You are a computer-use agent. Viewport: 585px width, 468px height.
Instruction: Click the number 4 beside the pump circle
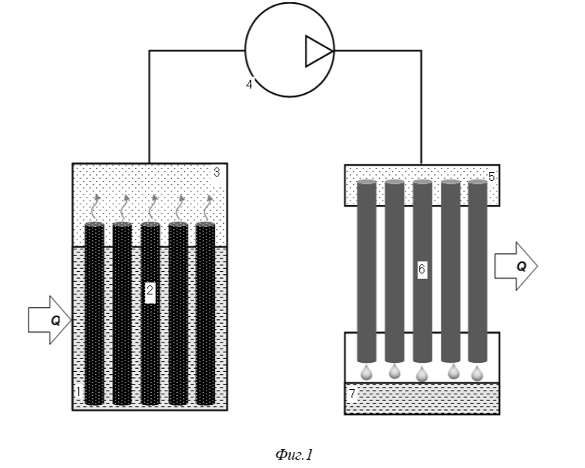[x=249, y=84]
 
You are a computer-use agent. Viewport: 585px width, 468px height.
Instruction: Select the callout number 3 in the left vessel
[x=217, y=173]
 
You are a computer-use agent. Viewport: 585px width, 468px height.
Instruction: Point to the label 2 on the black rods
[x=149, y=290]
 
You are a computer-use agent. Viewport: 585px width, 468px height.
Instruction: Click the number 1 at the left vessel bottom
[x=78, y=392]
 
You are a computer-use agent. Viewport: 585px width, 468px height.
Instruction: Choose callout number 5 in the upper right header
[x=491, y=177]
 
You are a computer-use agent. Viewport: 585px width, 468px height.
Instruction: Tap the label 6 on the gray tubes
[x=421, y=269]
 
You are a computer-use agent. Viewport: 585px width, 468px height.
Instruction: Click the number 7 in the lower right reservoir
[x=352, y=394]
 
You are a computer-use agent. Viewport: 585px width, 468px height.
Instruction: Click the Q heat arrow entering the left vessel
[x=50, y=320]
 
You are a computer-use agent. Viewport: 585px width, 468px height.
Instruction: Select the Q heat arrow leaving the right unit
[x=516, y=266]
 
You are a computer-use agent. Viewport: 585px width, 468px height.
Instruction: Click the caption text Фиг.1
[x=294, y=454]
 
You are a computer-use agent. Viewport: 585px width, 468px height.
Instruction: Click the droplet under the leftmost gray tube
[x=366, y=373]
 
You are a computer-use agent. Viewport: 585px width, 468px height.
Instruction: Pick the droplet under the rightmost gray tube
[x=477, y=373]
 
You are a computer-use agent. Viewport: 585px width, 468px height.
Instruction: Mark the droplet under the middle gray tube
[x=422, y=374]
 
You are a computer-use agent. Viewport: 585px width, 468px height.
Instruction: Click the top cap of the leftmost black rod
[x=95, y=225]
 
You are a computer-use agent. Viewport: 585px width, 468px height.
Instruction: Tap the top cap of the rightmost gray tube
[x=478, y=182]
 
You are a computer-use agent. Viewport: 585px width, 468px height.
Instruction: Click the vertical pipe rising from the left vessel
[x=149, y=107]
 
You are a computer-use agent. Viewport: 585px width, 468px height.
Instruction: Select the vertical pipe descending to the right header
[x=421, y=107]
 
